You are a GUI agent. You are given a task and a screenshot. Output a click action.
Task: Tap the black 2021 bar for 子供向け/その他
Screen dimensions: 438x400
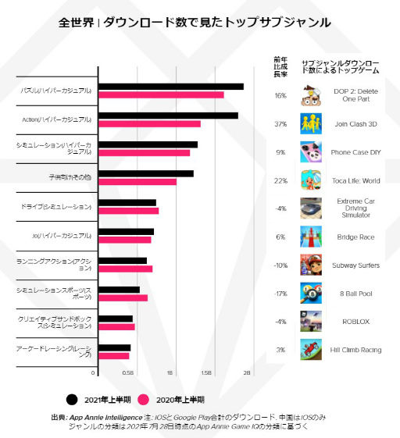pos(144,173)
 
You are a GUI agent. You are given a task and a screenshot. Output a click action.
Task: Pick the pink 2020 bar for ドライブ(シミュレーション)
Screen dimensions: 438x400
pos(127,211)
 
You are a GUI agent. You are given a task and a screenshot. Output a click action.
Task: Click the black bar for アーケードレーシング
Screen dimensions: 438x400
pos(112,347)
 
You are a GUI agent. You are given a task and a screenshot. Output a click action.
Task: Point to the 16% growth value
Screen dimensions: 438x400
pos(280,95)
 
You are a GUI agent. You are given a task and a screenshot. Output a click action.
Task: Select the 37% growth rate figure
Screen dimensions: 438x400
pos(280,123)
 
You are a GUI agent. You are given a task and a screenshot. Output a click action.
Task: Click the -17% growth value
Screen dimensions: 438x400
pos(280,294)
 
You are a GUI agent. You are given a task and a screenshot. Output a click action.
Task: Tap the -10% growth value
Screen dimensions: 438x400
pos(280,265)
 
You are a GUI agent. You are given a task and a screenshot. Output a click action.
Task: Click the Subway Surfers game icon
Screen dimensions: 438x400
pos(311,265)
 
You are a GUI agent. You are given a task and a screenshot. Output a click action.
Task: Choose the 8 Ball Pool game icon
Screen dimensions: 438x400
pos(311,294)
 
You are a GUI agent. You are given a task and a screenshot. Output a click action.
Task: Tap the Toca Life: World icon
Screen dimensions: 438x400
pos(311,180)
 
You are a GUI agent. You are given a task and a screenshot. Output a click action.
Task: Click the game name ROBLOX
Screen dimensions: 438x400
pos(355,322)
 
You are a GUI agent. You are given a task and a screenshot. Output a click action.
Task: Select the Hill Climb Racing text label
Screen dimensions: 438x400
pos(355,350)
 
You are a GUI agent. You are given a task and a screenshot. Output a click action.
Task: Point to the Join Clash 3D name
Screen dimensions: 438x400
pos(355,123)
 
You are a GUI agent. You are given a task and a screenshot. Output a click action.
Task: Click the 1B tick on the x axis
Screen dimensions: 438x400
pos(170,372)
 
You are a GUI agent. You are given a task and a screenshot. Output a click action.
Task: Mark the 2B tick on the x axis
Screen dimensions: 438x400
pos(247,372)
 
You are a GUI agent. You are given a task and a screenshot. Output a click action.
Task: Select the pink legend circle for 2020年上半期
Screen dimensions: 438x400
pos(144,399)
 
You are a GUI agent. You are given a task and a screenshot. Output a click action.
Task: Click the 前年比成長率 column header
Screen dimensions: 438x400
pos(280,66)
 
